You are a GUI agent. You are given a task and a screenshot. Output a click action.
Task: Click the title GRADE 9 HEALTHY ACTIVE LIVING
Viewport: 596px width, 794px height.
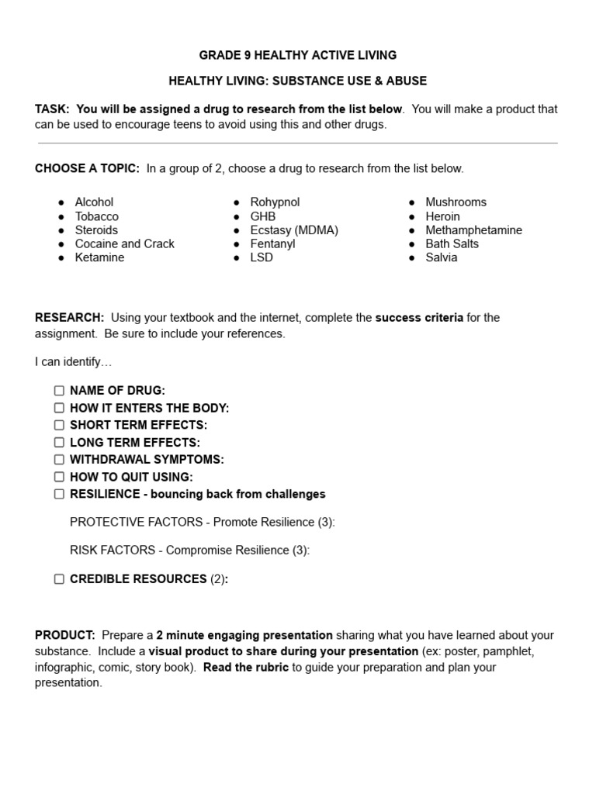[298, 55]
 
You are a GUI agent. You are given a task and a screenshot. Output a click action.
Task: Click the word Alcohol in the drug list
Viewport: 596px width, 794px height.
[94, 202]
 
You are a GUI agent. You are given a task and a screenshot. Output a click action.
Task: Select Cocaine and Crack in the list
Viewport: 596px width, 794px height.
[124, 243]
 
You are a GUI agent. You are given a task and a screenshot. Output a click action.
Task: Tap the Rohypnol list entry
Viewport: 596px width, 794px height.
[275, 202]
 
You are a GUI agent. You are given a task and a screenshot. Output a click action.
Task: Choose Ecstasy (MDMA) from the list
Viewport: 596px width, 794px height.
[294, 230]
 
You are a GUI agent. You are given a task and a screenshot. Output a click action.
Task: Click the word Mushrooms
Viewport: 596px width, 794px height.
[456, 202]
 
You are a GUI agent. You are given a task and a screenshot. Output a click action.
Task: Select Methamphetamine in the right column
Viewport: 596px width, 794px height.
[473, 230]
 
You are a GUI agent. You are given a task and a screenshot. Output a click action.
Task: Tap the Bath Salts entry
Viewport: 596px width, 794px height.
[452, 243]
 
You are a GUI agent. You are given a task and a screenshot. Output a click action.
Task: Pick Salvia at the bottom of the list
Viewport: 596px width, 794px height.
[441, 257]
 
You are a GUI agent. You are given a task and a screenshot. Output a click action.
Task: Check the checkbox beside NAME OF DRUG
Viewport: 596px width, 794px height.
[60, 391]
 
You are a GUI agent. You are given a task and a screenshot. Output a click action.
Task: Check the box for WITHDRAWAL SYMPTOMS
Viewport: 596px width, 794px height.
[60, 460]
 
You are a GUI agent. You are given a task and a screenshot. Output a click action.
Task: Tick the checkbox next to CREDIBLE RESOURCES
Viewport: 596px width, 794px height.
[60, 579]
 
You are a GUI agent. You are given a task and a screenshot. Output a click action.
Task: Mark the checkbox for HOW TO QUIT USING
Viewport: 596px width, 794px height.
[60, 477]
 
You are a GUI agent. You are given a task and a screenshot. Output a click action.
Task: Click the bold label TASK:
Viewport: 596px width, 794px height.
[52, 109]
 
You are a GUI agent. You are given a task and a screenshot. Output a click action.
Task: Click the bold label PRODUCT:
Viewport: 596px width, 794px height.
[65, 635]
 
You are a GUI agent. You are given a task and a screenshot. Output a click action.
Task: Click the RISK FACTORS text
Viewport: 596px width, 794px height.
[116, 551]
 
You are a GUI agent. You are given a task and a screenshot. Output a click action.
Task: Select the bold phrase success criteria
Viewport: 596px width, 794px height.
[419, 318]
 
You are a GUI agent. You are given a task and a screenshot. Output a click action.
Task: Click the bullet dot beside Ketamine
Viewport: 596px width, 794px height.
[61, 258]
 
